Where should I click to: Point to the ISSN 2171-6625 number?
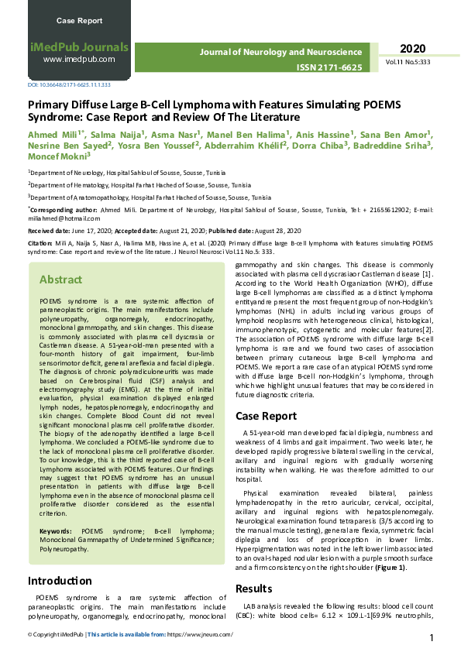[x=329, y=68]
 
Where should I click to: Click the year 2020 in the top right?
[x=413, y=48]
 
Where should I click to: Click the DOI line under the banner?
[x=69, y=84]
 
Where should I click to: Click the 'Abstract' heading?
[x=61, y=280]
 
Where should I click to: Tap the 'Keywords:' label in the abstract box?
[x=57, y=531]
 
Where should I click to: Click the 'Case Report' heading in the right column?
[x=266, y=416]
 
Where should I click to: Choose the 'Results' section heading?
[x=254, y=589]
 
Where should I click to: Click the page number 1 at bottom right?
[x=431, y=637]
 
